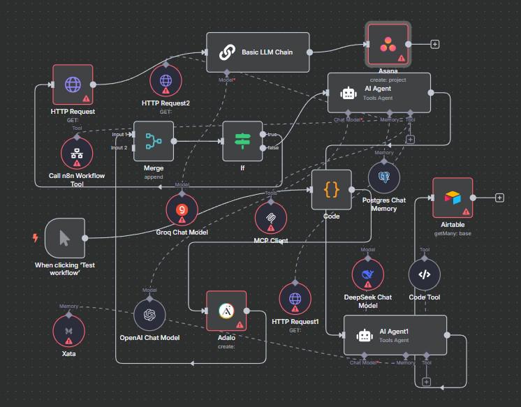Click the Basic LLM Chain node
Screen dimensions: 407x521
click(x=258, y=52)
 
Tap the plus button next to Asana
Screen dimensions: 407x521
click(x=435, y=43)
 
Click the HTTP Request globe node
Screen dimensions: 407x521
click(x=73, y=84)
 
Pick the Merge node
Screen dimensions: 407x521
click(x=153, y=141)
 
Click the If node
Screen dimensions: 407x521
click(x=242, y=141)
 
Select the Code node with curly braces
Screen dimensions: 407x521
click(x=332, y=189)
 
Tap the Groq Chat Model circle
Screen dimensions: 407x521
click(x=182, y=208)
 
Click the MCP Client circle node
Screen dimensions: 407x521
click(x=270, y=216)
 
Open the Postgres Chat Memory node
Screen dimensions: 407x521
click(x=383, y=177)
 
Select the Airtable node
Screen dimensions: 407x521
click(x=452, y=198)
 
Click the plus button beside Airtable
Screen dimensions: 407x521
click(x=499, y=198)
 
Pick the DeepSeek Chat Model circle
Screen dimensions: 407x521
click(x=367, y=274)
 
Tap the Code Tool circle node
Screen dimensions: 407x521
click(x=424, y=274)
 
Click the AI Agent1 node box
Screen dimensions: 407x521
click(x=395, y=335)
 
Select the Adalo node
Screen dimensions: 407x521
click(x=226, y=311)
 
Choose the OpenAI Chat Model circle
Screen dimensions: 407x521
click(x=149, y=314)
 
